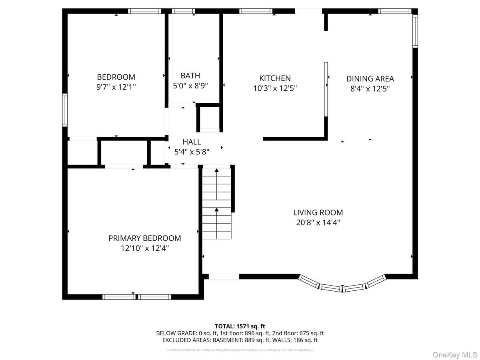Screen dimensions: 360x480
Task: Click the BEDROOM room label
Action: tap(116, 77)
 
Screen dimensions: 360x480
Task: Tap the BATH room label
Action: tap(190, 75)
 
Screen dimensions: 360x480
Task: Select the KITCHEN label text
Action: tap(275, 78)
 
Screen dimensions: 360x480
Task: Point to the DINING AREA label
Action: tap(370, 79)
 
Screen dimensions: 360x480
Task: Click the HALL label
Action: tap(192, 142)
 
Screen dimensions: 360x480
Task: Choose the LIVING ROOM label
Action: tap(318, 213)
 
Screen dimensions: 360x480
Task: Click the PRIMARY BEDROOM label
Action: tap(144, 238)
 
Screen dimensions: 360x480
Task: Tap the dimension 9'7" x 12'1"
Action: tap(116, 87)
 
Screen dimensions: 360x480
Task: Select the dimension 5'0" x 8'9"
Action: tap(190, 85)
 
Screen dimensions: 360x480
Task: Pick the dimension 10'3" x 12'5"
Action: tap(275, 88)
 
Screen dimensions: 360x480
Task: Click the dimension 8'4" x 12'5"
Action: tap(370, 89)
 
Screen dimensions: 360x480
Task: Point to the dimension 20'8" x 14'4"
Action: tap(318, 223)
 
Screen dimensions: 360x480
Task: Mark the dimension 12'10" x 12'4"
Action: tap(144, 248)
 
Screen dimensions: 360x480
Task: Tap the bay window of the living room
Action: tap(342, 285)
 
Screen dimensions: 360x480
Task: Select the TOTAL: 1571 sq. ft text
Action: tap(240, 326)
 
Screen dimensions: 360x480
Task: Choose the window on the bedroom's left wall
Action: tap(65, 110)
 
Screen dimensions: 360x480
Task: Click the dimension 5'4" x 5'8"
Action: tap(192, 152)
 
